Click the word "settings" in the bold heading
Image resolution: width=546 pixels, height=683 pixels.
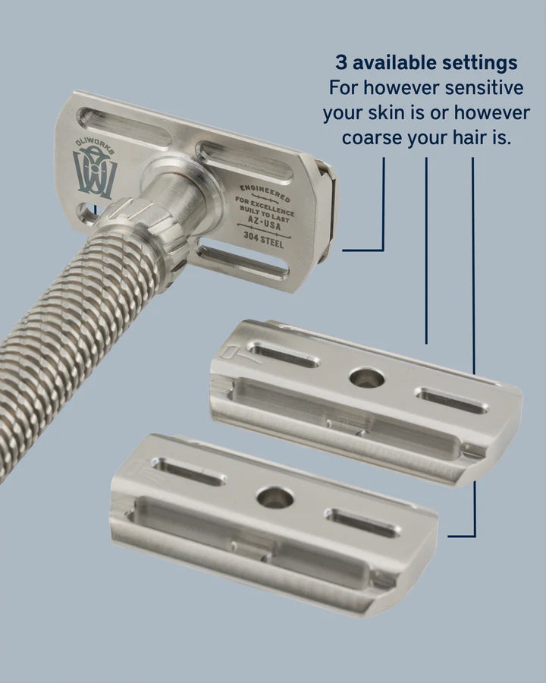(480, 63)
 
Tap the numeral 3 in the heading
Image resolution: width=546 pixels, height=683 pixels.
(341, 62)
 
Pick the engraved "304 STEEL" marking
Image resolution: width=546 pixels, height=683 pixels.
(263, 239)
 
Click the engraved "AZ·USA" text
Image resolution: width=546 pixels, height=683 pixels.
(265, 223)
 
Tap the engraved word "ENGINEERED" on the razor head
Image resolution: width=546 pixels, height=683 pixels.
(265, 193)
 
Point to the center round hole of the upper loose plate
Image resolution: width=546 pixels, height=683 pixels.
(366, 378)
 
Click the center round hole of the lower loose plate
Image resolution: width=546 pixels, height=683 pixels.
(275, 497)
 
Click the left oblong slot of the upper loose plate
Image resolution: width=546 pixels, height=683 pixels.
(284, 354)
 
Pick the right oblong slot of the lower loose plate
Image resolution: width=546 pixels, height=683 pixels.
(362, 523)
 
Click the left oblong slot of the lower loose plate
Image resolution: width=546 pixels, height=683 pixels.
(187, 471)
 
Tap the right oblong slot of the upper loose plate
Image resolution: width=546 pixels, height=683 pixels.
(451, 400)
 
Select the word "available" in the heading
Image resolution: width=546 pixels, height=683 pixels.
(394, 63)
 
